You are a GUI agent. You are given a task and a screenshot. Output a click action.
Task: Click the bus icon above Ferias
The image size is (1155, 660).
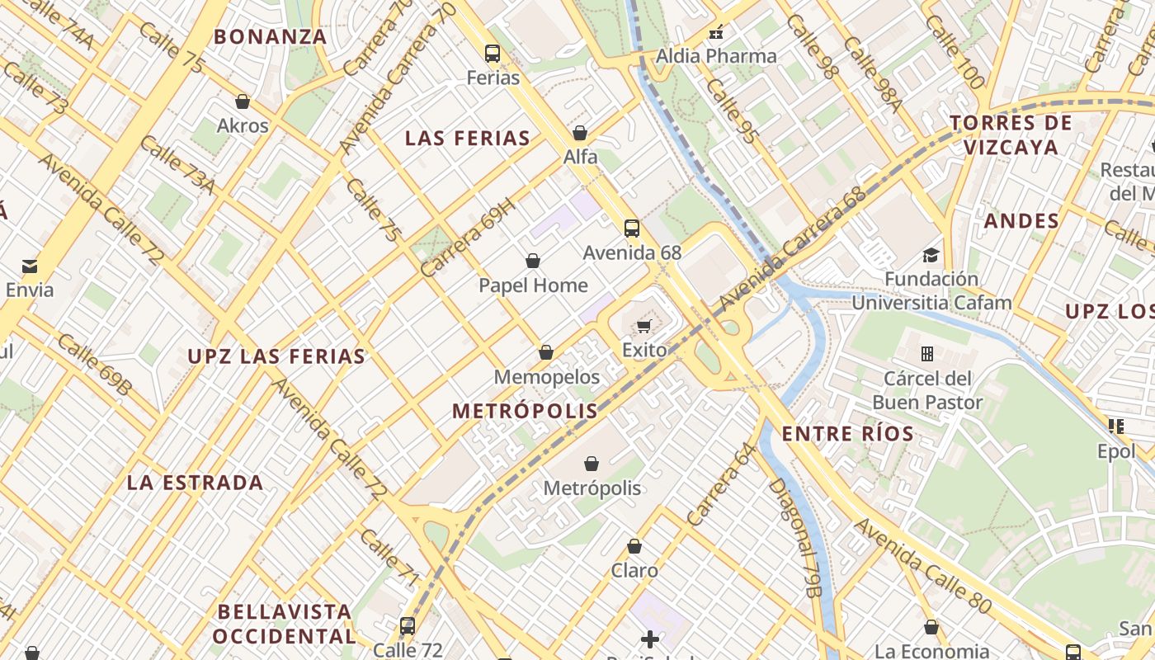pyautogui.click(x=493, y=54)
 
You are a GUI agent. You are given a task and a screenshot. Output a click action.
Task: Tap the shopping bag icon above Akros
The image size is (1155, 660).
pyautogui.click(x=243, y=101)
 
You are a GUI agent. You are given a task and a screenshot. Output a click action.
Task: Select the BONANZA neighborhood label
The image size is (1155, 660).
pyautogui.click(x=271, y=37)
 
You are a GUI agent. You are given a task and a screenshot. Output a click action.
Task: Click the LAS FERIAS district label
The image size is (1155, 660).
pyautogui.click(x=467, y=139)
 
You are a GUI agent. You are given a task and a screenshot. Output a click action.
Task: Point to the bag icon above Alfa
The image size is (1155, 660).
pyautogui.click(x=580, y=133)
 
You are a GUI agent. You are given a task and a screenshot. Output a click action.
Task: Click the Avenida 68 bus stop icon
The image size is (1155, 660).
pyautogui.click(x=632, y=229)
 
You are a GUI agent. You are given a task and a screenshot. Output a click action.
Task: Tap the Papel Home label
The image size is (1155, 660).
pyautogui.click(x=533, y=285)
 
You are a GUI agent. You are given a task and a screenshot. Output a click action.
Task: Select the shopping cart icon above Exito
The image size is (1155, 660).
pyautogui.click(x=644, y=326)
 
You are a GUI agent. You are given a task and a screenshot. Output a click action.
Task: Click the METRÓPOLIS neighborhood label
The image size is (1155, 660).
pyautogui.click(x=525, y=411)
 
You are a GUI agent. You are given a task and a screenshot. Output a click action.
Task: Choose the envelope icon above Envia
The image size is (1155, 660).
pyautogui.click(x=30, y=266)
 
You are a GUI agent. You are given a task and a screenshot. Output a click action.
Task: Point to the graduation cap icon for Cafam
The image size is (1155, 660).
pyautogui.click(x=931, y=255)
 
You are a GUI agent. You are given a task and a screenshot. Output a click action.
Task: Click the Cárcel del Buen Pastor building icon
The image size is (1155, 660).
pyautogui.click(x=927, y=354)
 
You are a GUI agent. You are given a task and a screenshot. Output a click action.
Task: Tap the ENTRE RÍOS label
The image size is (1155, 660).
pyautogui.click(x=847, y=434)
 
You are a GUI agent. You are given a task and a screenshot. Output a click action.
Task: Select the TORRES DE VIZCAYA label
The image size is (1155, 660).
pyautogui.click(x=1011, y=135)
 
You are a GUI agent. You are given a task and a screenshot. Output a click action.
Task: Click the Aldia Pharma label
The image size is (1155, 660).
pyautogui.click(x=716, y=56)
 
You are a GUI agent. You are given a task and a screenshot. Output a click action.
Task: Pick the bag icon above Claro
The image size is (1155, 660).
pyautogui.click(x=634, y=546)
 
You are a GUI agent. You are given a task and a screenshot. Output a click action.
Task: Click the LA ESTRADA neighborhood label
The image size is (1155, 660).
pyautogui.click(x=195, y=483)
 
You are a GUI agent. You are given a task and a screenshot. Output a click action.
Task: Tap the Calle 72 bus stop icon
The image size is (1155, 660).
pyautogui.click(x=408, y=626)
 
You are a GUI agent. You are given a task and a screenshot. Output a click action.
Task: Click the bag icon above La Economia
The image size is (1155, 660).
pyautogui.click(x=931, y=627)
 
